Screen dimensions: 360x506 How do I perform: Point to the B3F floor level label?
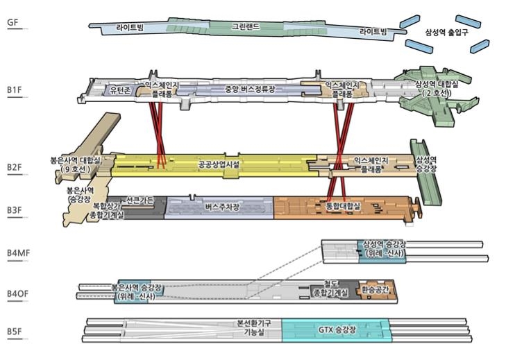pos(14,209)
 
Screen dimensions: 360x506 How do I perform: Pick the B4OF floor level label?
pos(17,294)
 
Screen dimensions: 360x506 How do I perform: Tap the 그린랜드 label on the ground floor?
pos(246,28)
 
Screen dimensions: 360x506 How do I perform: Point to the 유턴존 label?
pos(119,90)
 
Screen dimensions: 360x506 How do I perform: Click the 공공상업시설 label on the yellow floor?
pos(218,166)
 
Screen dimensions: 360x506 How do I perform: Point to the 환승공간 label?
pos(373,291)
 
